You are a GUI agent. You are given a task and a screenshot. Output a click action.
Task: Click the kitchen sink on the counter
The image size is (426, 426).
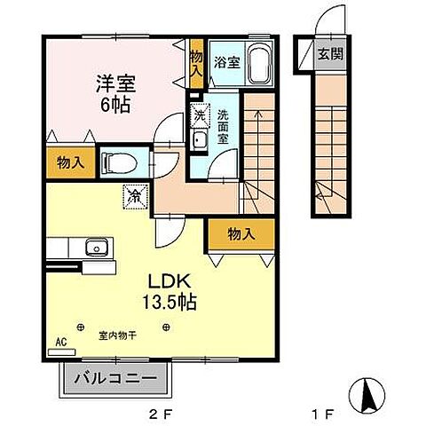click(x=93, y=248)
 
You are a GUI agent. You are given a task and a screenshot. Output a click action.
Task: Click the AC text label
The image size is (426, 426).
click(x=61, y=341)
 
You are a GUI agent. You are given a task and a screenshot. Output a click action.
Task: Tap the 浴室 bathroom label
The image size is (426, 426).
click(x=227, y=61)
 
